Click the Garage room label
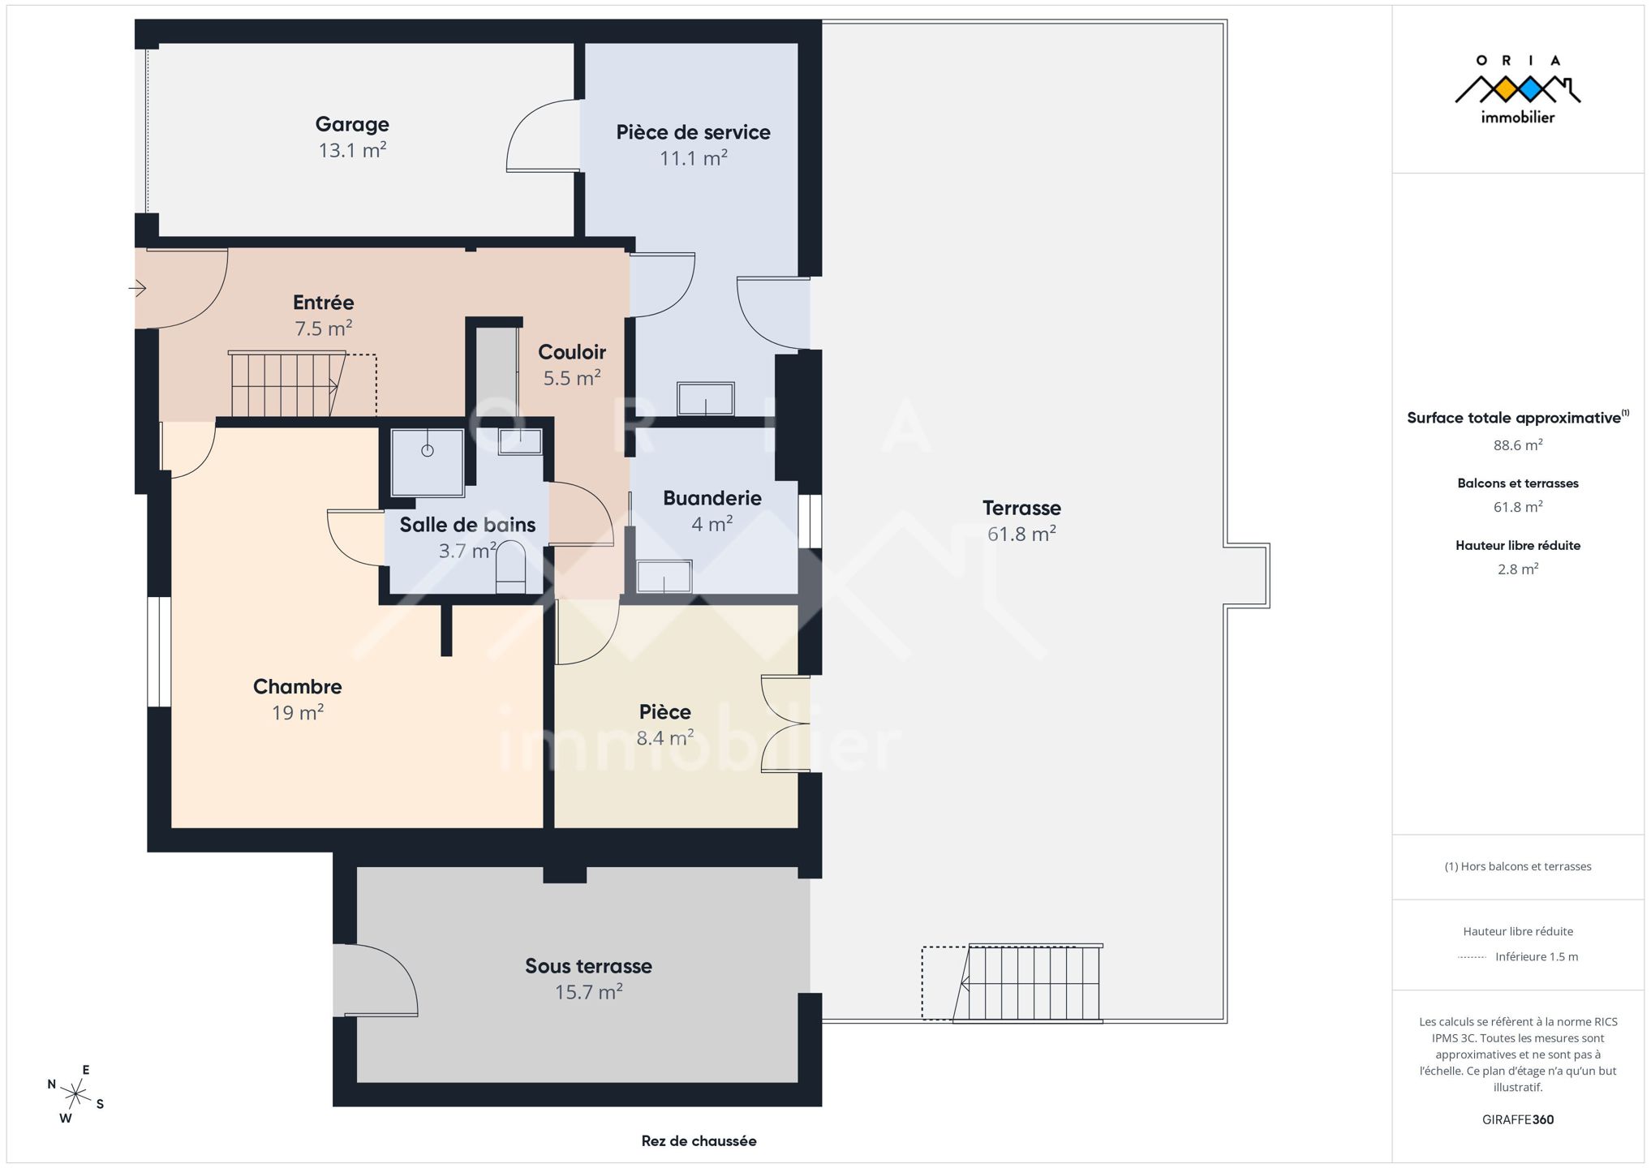tap(352, 124)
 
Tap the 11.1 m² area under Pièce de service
tap(693, 157)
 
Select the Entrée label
tap(323, 302)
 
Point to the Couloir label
tap(572, 352)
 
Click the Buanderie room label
tap(712, 498)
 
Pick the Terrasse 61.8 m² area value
tap(1021, 534)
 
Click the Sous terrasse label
tap(588, 966)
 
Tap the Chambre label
tap(298, 686)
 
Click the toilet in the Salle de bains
tap(510, 567)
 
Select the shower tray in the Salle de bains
tap(428, 462)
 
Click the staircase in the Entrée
tap(288, 384)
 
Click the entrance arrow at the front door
tap(137, 288)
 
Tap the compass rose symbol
tap(75, 1094)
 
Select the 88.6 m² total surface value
tap(1518, 444)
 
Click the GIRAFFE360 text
tap(1518, 1119)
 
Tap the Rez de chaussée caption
tap(699, 1140)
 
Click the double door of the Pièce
tap(786, 724)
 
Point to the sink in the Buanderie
tap(664, 577)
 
